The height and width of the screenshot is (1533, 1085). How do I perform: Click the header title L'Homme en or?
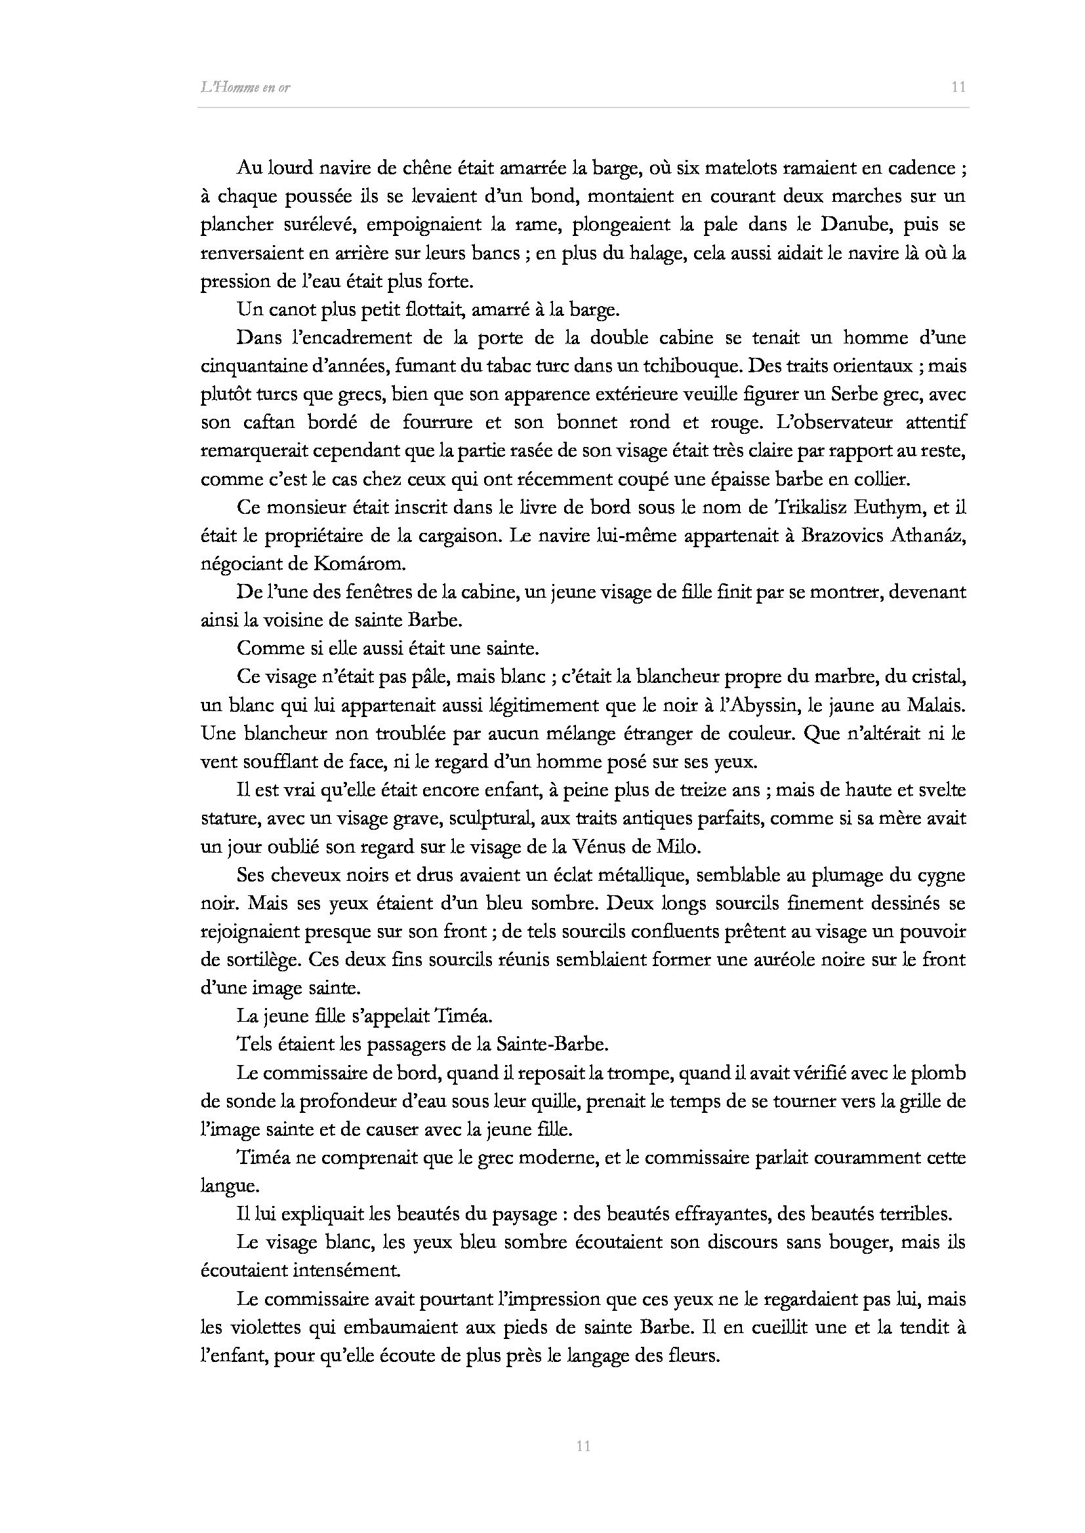pyautogui.click(x=245, y=87)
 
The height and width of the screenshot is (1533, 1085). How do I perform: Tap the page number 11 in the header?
pyautogui.click(x=958, y=87)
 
